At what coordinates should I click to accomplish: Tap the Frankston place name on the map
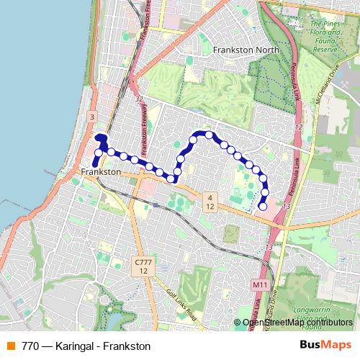(101, 173)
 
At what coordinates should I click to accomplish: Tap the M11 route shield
(260, 286)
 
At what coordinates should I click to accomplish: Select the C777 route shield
(144, 266)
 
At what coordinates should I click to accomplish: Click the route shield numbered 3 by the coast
(92, 116)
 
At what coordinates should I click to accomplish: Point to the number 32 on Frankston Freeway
(139, 99)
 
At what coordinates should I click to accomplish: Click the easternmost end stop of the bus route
(263, 207)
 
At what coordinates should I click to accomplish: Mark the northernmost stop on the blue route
(209, 135)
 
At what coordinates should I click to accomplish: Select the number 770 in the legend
(31, 346)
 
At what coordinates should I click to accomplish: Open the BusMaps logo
(325, 345)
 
